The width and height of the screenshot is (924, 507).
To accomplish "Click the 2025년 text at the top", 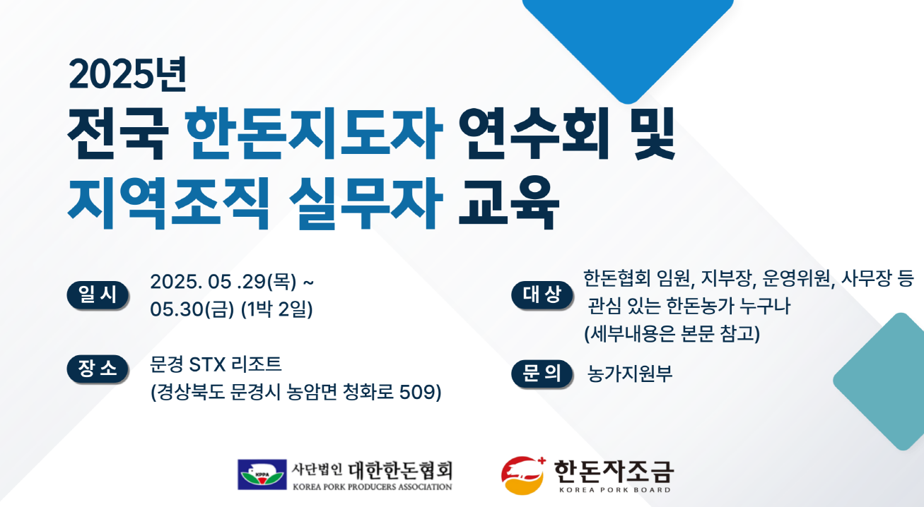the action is pyautogui.click(x=128, y=74).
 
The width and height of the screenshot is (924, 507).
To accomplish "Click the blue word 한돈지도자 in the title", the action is pyautogui.click(x=314, y=133).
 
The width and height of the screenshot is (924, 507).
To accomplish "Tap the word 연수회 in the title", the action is pyautogui.click(x=534, y=133).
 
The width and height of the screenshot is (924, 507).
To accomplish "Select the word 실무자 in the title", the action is pyautogui.click(x=366, y=203).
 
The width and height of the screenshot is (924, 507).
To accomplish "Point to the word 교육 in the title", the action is pyautogui.click(x=509, y=203).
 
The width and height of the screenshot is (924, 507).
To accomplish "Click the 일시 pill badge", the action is pyautogui.click(x=98, y=295).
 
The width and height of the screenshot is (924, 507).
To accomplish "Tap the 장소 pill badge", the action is pyautogui.click(x=98, y=369).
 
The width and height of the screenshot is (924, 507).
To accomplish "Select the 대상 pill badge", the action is pyautogui.click(x=542, y=295).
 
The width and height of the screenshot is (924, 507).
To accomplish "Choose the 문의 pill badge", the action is pyautogui.click(x=542, y=374).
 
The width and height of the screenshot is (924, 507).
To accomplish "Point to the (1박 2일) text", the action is pyautogui.click(x=277, y=309).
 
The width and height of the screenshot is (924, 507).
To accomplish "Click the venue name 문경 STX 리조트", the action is pyautogui.click(x=216, y=364).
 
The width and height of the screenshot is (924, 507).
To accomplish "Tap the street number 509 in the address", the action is pyautogui.click(x=417, y=392).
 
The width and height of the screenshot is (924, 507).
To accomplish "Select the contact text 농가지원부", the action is pyautogui.click(x=630, y=374).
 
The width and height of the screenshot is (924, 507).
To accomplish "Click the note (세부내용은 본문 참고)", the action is pyautogui.click(x=672, y=333).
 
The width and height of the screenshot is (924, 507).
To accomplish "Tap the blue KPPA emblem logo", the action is pyautogui.click(x=262, y=475).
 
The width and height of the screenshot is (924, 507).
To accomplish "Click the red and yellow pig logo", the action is pyautogui.click(x=523, y=475).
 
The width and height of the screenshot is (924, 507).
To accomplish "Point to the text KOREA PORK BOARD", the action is pyautogui.click(x=614, y=490).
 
